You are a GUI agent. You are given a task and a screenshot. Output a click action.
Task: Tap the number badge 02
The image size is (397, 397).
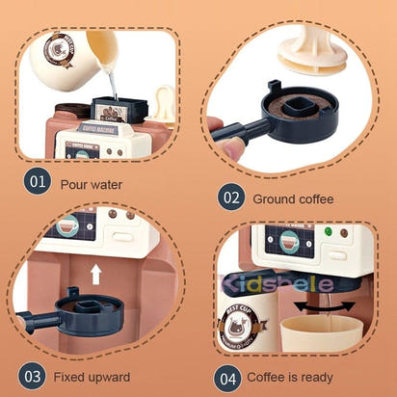click(231, 198)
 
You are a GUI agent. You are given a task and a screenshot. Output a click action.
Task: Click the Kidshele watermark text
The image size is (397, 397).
click(280, 283)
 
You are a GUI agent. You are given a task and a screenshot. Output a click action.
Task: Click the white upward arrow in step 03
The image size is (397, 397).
click(95, 274)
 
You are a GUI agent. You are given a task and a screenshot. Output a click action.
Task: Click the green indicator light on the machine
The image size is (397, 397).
click(328, 232)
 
